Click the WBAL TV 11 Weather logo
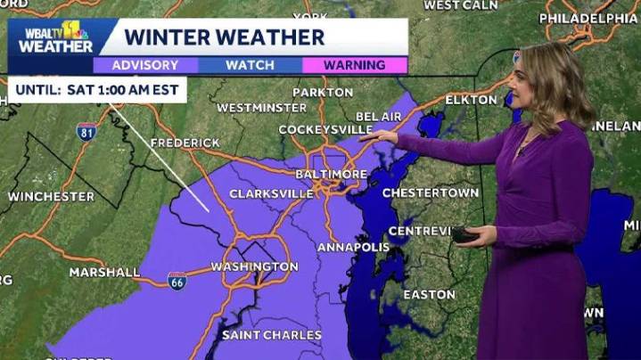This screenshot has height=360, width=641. point(53,37)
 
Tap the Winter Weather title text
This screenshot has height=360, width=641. point(224,37)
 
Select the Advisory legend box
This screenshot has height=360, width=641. point(144,65)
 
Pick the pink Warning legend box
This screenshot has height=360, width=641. point(354,65)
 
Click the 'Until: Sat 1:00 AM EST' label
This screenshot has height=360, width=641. point(97,90)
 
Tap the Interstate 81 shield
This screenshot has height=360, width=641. point(86,131)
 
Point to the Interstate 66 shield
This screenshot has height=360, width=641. point(177,280)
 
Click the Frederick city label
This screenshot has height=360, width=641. point(185,143)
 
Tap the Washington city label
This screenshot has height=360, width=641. point(254,266)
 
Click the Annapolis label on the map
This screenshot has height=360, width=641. point(354,247)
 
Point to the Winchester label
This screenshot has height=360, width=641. point(51,196)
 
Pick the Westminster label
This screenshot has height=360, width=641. point(249,108)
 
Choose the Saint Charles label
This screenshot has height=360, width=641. point(271,335)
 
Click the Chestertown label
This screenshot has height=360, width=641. point(425,192)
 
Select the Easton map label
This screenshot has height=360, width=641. point(429,294)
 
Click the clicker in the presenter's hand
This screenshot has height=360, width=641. point(464,235)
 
